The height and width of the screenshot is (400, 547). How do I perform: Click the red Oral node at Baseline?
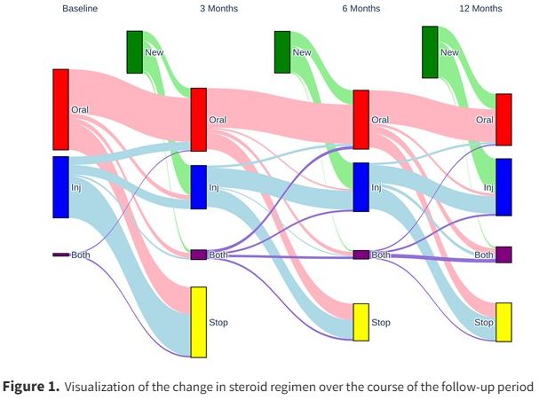[x=60, y=109]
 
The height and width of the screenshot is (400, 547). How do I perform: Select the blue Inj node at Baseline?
[x=60, y=186]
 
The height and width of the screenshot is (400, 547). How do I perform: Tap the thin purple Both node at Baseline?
[x=60, y=255]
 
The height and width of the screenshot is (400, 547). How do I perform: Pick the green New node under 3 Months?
[x=134, y=51]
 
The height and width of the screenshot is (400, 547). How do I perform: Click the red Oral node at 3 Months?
[x=198, y=119]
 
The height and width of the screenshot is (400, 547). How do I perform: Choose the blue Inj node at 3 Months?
[x=198, y=187]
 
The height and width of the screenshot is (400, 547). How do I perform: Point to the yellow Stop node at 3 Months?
[x=198, y=321]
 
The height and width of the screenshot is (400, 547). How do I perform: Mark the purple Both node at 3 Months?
[x=198, y=255]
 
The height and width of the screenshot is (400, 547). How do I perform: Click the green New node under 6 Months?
[x=282, y=51]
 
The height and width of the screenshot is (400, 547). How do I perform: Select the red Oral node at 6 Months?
[x=361, y=119]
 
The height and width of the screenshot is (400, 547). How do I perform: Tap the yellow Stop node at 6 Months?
[x=361, y=322]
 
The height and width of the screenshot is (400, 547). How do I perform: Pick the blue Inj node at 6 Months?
[x=361, y=187]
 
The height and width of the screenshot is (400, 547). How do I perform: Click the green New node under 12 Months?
[x=430, y=51]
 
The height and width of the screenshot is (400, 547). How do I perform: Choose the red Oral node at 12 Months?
[x=503, y=119]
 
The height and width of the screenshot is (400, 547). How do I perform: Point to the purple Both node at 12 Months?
[x=503, y=255]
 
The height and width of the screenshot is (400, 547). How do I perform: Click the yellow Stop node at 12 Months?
[x=503, y=322]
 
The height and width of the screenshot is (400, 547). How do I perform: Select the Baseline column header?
[x=79, y=8]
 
